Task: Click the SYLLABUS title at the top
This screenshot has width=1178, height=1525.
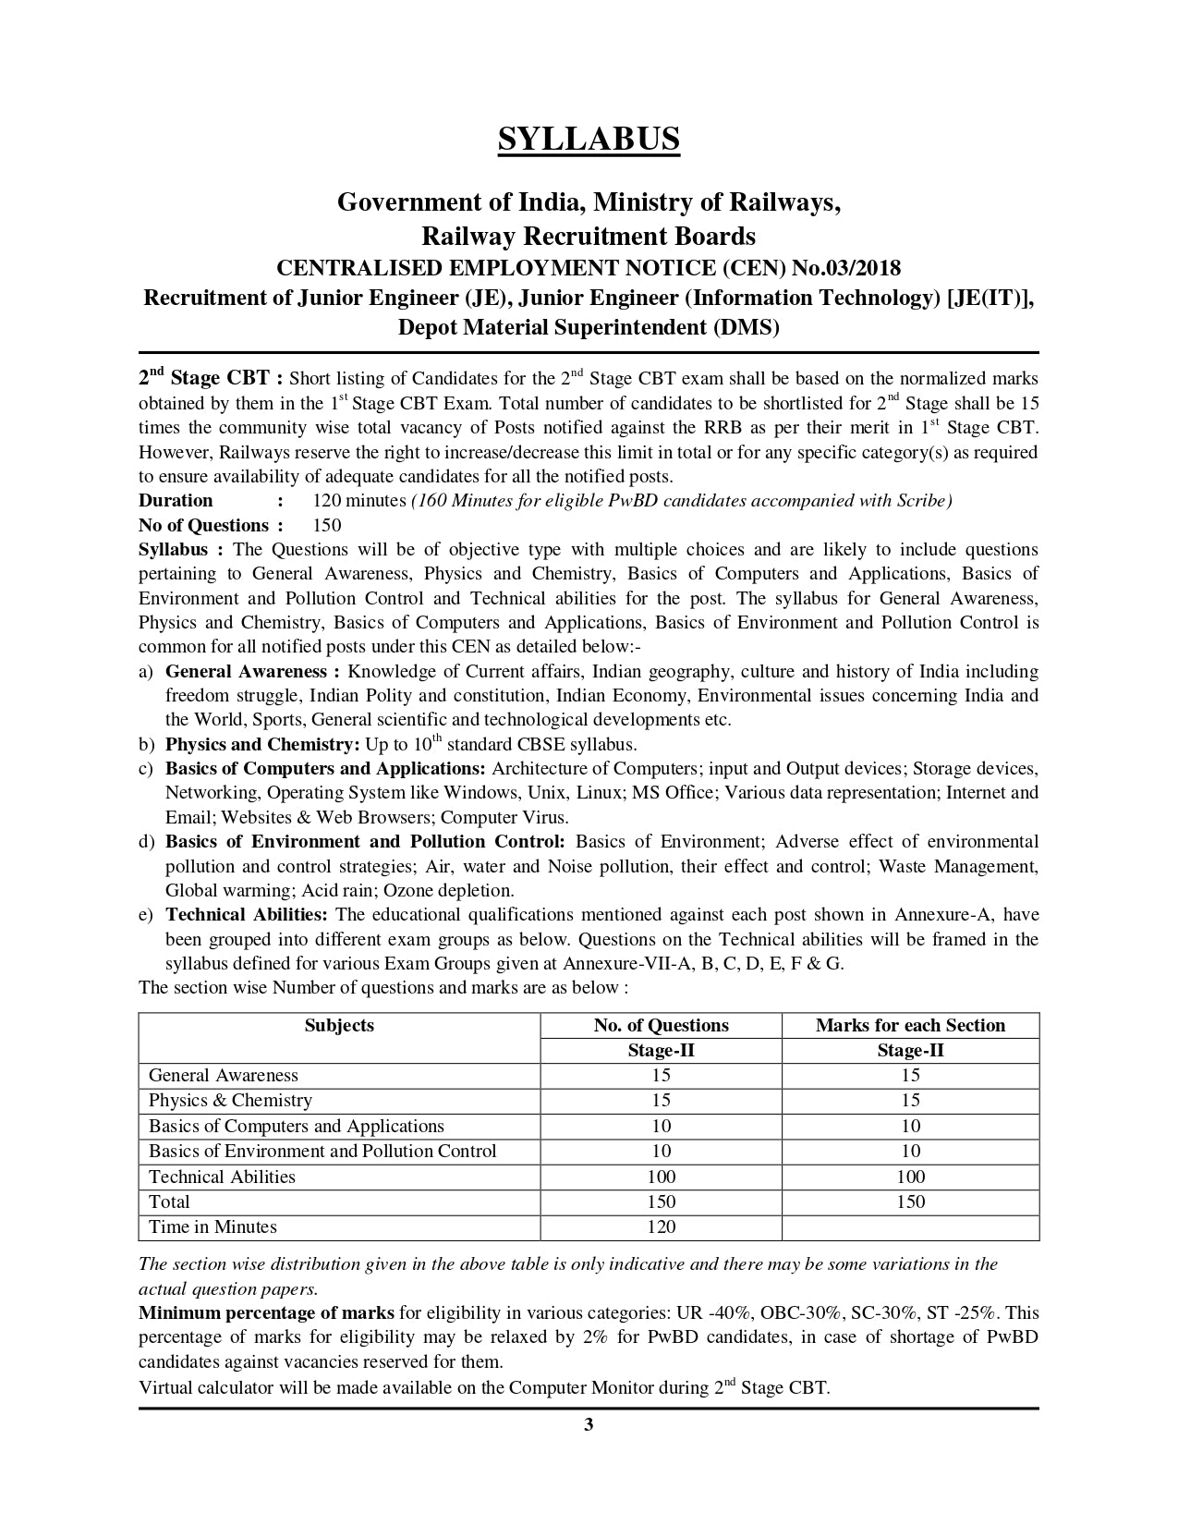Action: point(589,139)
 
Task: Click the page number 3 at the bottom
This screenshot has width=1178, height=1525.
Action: point(589,1424)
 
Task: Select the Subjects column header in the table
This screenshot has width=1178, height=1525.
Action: point(339,1025)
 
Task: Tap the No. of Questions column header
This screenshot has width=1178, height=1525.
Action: point(661,1025)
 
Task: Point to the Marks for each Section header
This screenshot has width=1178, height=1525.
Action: point(910,1025)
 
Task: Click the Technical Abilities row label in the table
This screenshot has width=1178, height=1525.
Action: point(222,1177)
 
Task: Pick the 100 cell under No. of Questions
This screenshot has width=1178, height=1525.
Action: point(661,1177)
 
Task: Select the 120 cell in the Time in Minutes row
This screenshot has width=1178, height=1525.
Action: point(661,1227)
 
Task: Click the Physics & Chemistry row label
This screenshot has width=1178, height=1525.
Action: point(230,1100)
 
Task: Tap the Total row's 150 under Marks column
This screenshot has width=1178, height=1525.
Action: point(910,1202)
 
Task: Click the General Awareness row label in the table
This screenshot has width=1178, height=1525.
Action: point(223,1075)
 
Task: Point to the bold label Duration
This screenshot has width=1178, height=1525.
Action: point(176,500)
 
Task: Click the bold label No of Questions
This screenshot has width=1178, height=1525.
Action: point(203,525)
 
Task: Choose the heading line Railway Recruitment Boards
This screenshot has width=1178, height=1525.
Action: point(589,237)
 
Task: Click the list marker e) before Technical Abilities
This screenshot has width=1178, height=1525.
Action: point(145,915)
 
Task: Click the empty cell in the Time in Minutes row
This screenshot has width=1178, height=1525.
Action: point(910,1227)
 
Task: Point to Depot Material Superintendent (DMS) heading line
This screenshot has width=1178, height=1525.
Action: point(589,327)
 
